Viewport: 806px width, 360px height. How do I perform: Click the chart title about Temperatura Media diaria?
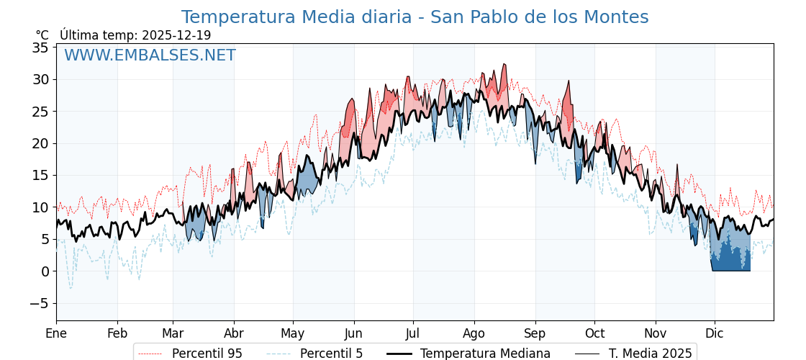[415, 17]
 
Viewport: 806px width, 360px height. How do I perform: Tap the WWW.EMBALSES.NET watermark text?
[150, 55]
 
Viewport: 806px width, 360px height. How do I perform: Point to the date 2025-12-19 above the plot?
[176, 35]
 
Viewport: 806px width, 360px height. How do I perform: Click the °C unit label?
[42, 35]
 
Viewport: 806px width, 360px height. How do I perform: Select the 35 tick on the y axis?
[40, 48]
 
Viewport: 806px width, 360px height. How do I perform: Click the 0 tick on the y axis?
[45, 271]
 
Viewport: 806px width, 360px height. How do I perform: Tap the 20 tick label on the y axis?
[40, 143]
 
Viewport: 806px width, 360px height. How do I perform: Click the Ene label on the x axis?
[56, 333]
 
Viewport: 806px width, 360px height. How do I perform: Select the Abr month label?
[234, 333]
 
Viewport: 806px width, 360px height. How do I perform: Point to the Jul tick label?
[413, 333]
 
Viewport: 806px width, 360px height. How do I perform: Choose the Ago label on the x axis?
[474, 333]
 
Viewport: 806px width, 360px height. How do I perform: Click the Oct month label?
[594, 333]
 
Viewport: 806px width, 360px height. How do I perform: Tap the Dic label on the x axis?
[715, 333]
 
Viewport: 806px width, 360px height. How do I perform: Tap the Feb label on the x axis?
[117, 333]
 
